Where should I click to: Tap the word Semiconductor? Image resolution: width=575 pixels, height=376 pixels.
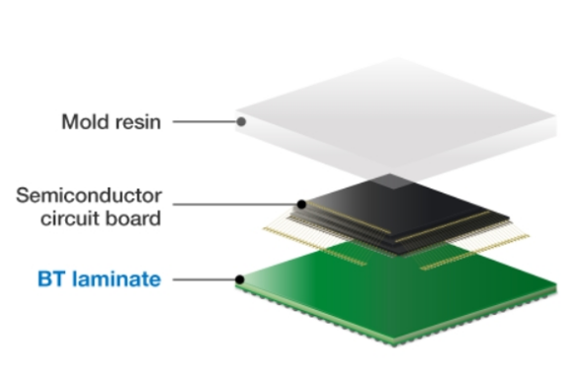point(89,195)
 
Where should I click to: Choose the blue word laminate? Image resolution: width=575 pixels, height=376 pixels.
point(117,279)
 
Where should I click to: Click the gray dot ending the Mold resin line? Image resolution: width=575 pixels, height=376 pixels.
point(241,121)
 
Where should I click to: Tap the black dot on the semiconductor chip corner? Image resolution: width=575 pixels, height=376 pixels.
point(301,204)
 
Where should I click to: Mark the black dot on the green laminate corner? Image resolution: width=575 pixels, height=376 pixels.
point(239,279)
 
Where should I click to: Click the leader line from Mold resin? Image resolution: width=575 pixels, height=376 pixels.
point(205,121)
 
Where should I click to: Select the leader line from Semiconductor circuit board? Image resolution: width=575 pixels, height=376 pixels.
point(235,204)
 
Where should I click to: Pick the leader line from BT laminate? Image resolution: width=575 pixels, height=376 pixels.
point(204,279)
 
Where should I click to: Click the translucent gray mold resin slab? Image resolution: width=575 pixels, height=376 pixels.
point(396,117)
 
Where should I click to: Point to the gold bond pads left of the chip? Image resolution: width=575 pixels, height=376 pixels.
point(314,246)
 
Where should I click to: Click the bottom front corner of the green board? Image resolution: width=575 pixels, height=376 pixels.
point(394,345)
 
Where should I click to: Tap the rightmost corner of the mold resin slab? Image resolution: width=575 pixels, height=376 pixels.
point(556,117)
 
